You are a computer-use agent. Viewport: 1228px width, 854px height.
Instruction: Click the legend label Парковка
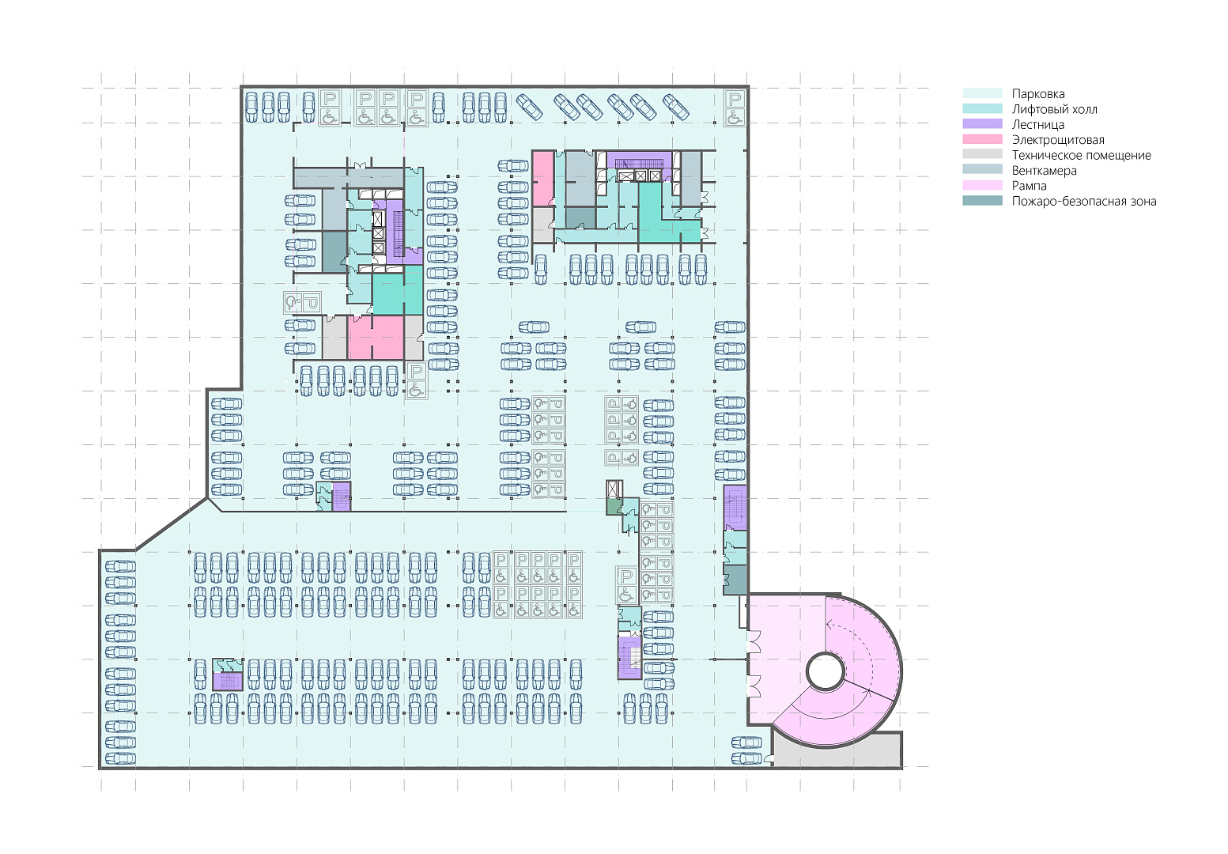point(1038,94)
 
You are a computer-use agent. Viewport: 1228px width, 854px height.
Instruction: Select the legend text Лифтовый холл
point(1055,109)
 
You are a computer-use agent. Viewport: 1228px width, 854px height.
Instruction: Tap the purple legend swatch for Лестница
point(982,124)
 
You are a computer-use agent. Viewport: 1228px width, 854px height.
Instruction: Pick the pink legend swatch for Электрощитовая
point(982,139)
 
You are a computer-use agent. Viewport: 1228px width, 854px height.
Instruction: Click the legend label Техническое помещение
point(1082,155)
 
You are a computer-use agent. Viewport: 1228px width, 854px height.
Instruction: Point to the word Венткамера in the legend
point(1045,171)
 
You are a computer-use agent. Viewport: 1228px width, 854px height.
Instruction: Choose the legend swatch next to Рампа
point(982,185)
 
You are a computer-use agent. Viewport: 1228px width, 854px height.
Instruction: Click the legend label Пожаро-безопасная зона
point(1084,201)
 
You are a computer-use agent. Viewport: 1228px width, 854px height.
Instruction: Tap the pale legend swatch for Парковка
point(982,93)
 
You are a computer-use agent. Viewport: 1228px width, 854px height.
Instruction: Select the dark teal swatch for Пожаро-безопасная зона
point(982,201)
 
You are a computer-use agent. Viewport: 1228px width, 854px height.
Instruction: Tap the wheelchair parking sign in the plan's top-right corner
point(735,108)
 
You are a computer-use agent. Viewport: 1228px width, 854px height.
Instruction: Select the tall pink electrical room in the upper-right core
point(542,179)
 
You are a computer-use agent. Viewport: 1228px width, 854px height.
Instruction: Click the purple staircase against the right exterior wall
point(735,508)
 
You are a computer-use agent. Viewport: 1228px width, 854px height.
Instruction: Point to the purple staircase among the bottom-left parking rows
point(228,682)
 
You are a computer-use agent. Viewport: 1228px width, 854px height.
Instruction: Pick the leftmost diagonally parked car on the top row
point(530,106)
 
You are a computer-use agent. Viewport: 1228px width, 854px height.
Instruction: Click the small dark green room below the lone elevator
point(613,507)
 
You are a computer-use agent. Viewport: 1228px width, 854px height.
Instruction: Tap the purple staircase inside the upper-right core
point(639,161)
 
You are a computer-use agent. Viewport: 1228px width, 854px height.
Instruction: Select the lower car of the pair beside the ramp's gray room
point(746,758)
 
